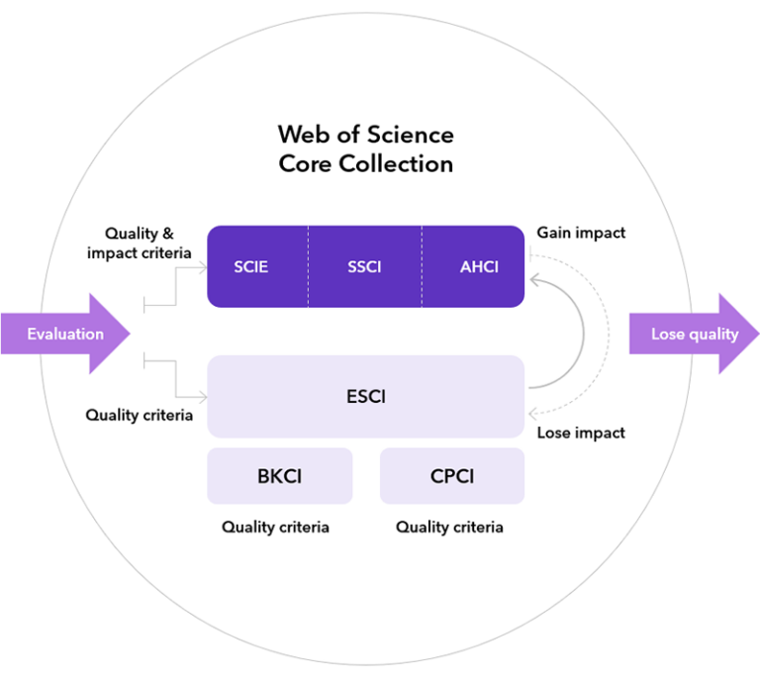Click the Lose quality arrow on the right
(x=694, y=334)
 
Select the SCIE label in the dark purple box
(x=251, y=267)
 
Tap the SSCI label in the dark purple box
(x=364, y=267)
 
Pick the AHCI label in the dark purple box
(x=479, y=267)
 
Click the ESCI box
(x=365, y=397)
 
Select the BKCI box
(x=279, y=476)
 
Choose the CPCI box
(x=451, y=476)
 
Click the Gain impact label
(x=581, y=234)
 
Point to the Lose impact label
(x=581, y=433)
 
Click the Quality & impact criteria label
(x=139, y=244)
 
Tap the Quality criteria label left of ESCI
(x=139, y=415)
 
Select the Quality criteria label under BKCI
(x=275, y=527)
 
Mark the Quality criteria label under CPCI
(x=449, y=527)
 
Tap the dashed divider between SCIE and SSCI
(x=308, y=267)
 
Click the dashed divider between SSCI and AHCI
(x=423, y=267)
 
